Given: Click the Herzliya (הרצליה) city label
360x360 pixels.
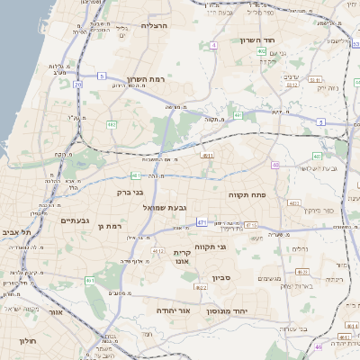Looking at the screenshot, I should coord(156,26).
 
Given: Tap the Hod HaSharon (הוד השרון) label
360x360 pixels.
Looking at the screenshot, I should coord(263,40).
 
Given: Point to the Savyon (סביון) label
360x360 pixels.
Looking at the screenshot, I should coord(221,278).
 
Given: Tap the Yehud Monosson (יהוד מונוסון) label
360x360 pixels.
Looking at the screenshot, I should coord(233,310).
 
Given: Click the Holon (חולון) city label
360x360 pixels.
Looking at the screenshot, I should coord(27,342).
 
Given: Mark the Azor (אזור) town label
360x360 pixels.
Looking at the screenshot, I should coord(55,312).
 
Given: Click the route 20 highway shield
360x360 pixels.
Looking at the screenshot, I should coord(78,84).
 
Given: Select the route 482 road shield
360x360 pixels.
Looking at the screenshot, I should coord(112,124).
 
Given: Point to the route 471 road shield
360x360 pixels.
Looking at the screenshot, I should coord(202,221).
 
